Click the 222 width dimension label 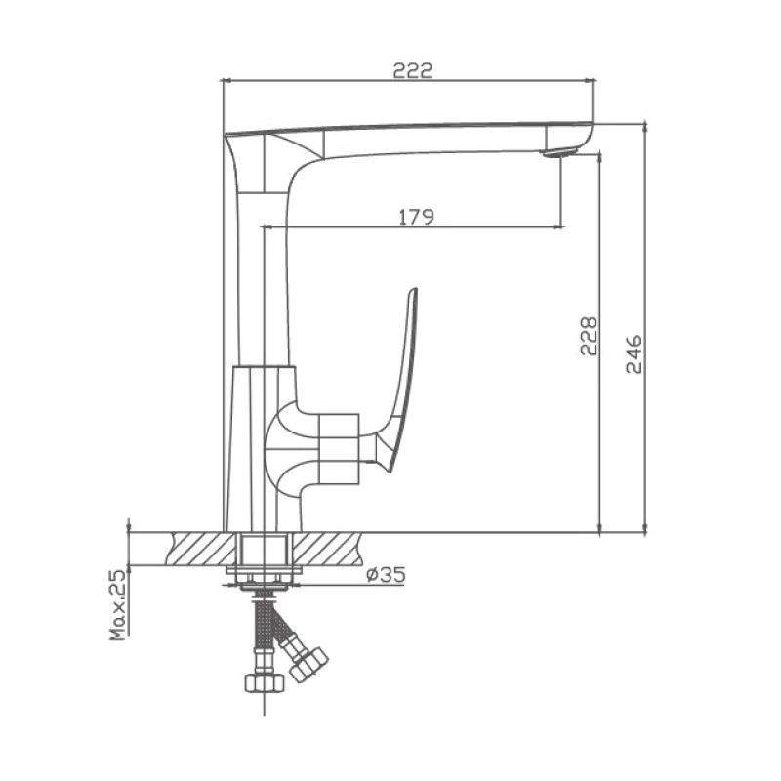click(x=413, y=70)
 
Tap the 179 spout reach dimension click(x=417, y=217)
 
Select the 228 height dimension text click(x=589, y=336)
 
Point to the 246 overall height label click(x=634, y=353)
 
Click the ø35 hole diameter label click(x=386, y=575)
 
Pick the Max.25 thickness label click(x=118, y=605)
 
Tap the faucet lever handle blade click(x=401, y=379)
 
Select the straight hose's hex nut click(x=265, y=682)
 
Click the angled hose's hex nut click(x=308, y=665)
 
